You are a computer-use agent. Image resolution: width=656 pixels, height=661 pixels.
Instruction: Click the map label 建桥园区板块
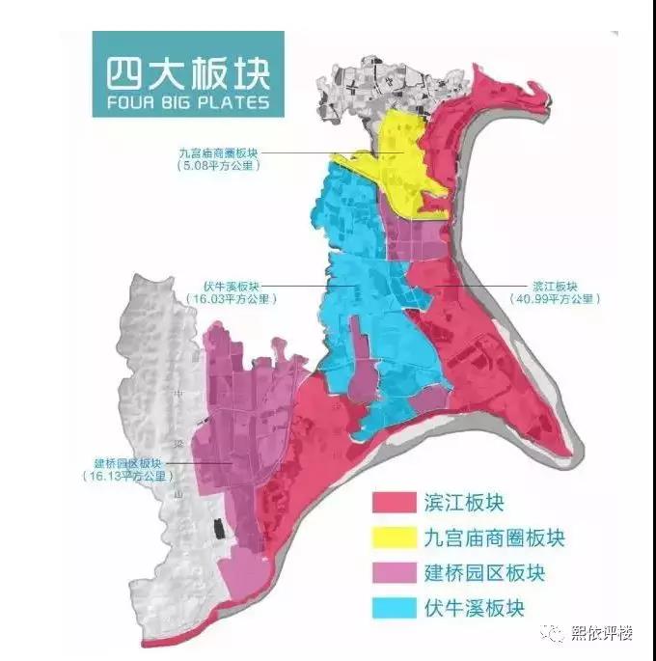[x=128, y=463]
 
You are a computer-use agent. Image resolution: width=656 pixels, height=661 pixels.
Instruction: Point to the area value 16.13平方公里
[x=128, y=477]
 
